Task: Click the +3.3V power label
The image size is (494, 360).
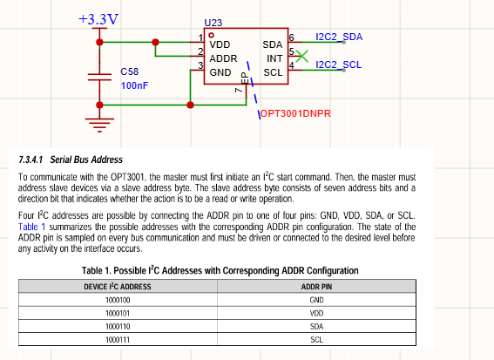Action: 98,19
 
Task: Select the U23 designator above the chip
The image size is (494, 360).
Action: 213,23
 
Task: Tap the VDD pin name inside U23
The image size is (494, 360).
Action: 220,44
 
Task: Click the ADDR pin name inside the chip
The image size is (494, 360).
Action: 223,58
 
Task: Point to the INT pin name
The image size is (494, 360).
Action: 274,58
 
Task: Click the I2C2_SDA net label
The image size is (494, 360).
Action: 339,37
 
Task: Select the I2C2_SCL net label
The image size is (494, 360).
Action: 338,65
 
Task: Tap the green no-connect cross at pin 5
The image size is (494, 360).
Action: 302,56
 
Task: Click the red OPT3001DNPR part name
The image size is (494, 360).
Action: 295,113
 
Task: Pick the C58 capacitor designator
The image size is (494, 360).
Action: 130,71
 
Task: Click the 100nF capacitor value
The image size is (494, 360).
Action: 134,85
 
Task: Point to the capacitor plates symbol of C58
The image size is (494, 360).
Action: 99,78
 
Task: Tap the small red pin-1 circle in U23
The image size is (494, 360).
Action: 211,36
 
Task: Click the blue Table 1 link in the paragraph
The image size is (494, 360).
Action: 32,227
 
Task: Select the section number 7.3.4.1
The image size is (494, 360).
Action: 30,160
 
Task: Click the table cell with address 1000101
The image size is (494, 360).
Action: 118,313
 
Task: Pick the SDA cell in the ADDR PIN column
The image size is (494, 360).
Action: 316,327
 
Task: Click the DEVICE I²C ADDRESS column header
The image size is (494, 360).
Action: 118,287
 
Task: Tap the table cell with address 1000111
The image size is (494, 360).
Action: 118,340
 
